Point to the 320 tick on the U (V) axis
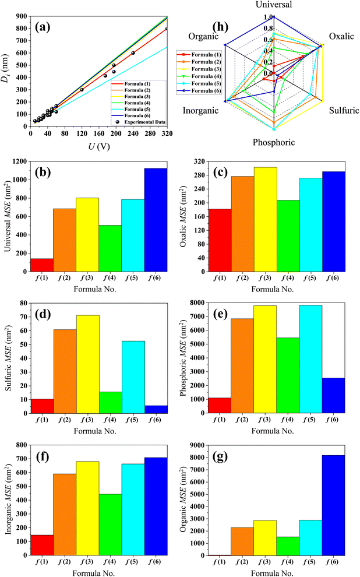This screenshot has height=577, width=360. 167,134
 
